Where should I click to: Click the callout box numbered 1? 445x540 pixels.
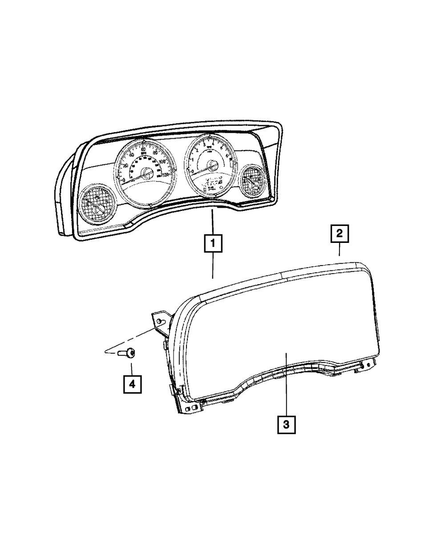pyautogui.click(x=212, y=243)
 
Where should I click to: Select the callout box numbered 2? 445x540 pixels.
pyautogui.click(x=339, y=234)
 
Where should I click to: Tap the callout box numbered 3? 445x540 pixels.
pyautogui.click(x=286, y=424)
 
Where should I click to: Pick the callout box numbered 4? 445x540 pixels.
pyautogui.click(x=132, y=384)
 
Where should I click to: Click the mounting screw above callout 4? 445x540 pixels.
pyautogui.click(x=127, y=354)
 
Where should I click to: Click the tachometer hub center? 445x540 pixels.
pyautogui.click(x=212, y=166)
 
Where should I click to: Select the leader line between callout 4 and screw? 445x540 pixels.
pyautogui.click(x=132, y=368)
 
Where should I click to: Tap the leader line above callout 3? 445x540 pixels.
pyautogui.click(x=286, y=383)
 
